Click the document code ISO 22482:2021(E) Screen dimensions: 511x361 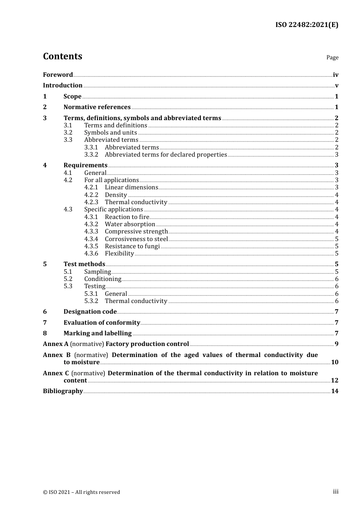[x=307, y=25]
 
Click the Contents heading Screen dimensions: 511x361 [x=62, y=56]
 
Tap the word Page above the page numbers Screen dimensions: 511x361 [x=332, y=57]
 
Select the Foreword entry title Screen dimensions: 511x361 [x=58, y=75]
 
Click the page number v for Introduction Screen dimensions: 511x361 [x=336, y=86]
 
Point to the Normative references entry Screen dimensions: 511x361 [x=97, y=107]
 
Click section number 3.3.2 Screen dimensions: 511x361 [x=91, y=155]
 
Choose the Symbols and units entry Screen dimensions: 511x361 [x=111, y=133]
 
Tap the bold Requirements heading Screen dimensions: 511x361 [x=85, y=165]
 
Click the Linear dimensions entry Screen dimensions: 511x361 [x=131, y=187]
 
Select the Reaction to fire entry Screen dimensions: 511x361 [x=127, y=217]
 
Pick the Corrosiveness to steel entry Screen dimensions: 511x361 [x=136, y=239]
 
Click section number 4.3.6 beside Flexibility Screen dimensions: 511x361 [x=91, y=254]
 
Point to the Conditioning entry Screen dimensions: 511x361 [x=103, y=279]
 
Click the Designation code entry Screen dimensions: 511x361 [x=90, y=312]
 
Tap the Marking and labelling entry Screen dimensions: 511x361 [x=97, y=333]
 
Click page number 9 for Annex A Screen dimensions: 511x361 [x=336, y=344]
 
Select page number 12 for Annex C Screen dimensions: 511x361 [x=334, y=381]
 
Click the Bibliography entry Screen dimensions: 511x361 [x=63, y=391]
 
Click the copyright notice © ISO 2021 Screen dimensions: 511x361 [x=81, y=492]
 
